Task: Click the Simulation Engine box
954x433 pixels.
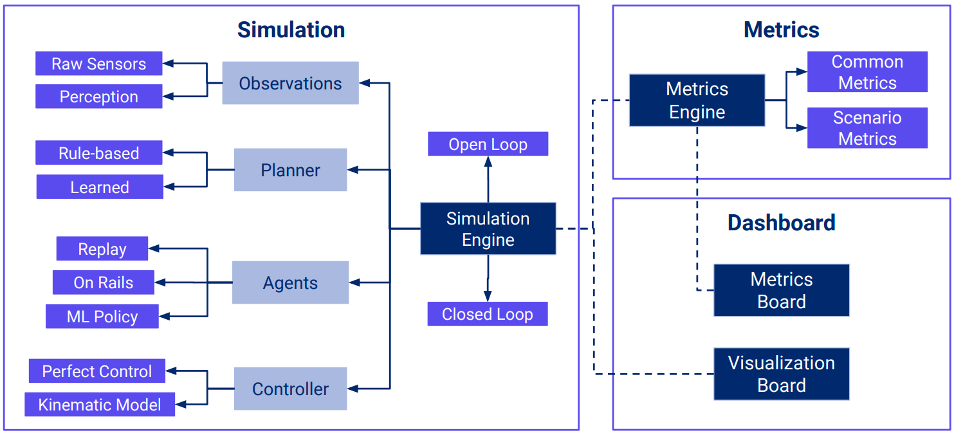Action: pos(488,229)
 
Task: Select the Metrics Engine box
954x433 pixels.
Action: pos(697,100)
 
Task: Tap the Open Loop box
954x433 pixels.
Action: pos(488,144)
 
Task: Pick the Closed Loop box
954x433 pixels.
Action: pos(488,314)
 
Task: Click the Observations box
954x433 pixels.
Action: pos(290,83)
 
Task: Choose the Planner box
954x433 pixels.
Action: pos(290,170)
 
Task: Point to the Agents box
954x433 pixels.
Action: pos(290,282)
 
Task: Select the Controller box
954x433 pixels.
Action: pos(290,389)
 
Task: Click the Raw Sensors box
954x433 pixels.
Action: pos(98,64)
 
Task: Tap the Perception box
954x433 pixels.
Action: pos(98,97)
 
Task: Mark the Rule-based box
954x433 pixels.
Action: pos(98,152)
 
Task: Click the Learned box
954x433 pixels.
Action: pos(100,187)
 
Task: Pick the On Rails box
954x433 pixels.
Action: pos(103,282)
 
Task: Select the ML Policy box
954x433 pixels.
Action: pos(102,316)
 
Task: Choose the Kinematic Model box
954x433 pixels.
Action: pos(100,404)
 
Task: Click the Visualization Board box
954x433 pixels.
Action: pos(781,374)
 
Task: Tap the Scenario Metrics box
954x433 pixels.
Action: pos(867,128)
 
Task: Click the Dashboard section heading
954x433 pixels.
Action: pos(781,223)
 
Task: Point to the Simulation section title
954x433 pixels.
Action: pos(291,30)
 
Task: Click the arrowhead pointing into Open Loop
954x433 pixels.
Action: pos(488,161)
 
